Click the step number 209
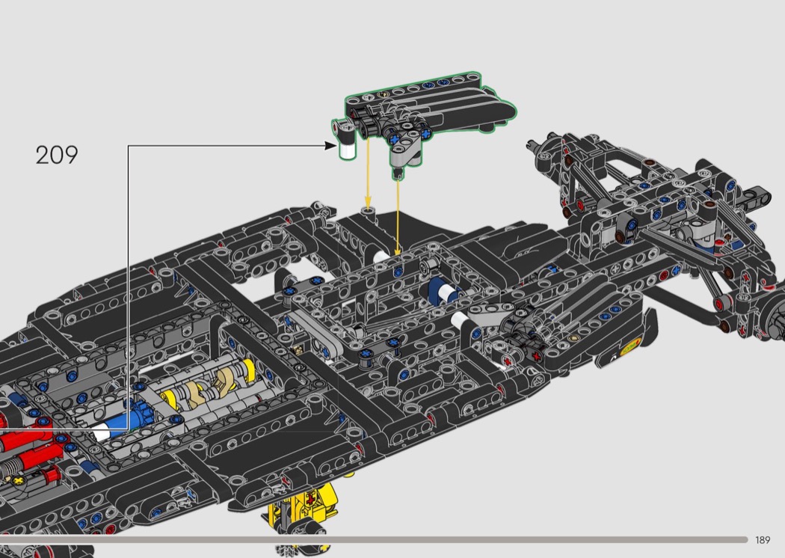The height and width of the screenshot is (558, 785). click(57, 155)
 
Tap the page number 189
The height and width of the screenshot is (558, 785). click(763, 540)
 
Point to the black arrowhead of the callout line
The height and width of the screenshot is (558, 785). click(330, 146)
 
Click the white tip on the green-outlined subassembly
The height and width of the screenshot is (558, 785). click(347, 149)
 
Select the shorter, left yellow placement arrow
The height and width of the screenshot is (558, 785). click(368, 174)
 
